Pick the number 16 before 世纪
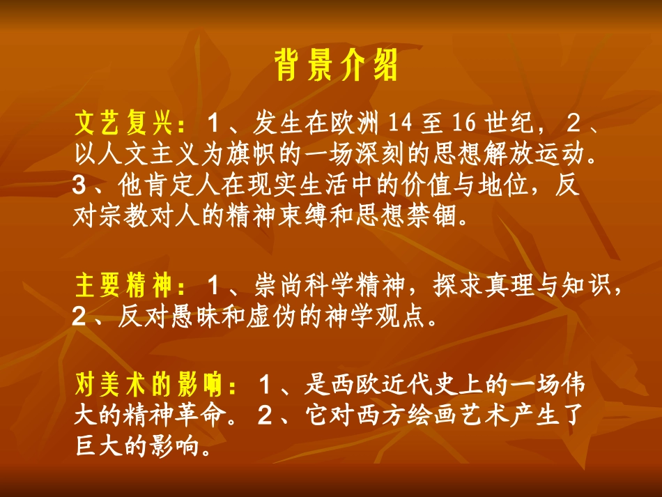461,124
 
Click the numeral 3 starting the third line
79,185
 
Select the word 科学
351,286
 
